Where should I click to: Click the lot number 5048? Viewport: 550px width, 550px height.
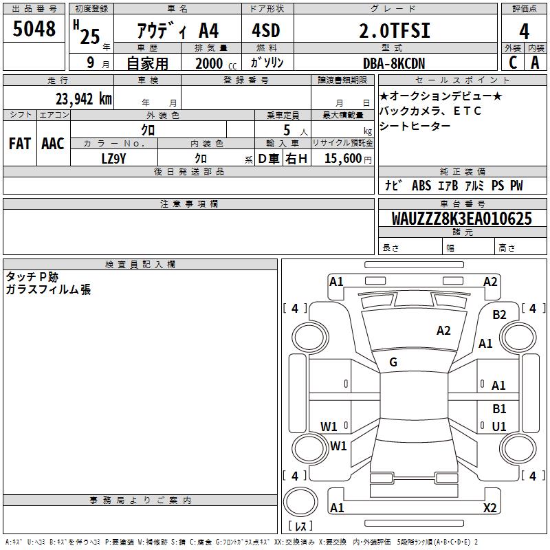click(34, 29)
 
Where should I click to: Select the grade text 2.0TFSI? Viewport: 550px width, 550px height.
click(395, 30)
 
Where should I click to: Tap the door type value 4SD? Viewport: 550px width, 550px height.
click(266, 30)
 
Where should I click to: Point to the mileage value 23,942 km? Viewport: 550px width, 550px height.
click(84, 99)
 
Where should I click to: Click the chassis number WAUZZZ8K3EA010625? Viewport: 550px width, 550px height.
click(461, 219)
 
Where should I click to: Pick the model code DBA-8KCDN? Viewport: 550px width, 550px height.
click(394, 63)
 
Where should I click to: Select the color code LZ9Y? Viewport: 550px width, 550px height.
click(113, 159)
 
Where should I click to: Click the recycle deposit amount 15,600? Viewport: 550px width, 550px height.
click(343, 159)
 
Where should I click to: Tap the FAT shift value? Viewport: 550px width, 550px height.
click(20, 144)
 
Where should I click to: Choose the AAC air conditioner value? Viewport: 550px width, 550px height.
click(53, 144)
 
